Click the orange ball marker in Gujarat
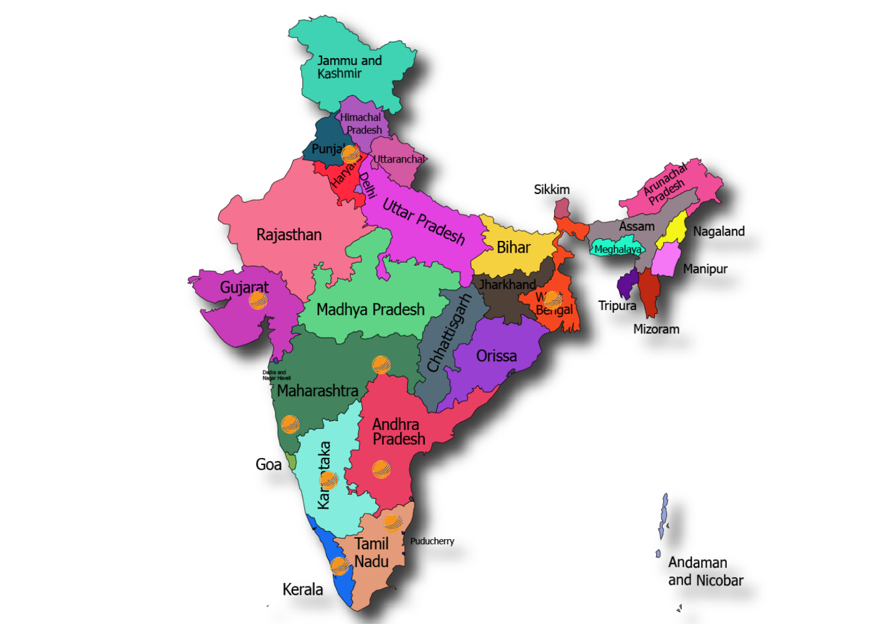(x=258, y=301)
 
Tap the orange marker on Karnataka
(x=328, y=480)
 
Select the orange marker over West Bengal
(x=552, y=300)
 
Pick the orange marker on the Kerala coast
(x=340, y=566)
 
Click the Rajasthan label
(x=289, y=235)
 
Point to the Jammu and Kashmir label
(x=348, y=67)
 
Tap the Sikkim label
(x=552, y=190)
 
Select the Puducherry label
(x=432, y=541)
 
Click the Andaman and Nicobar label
(x=705, y=571)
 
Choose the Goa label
(x=269, y=464)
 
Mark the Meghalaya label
(x=617, y=250)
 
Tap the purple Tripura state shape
(x=627, y=285)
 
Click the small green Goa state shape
(x=291, y=462)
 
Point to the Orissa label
(x=496, y=356)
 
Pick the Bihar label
(x=514, y=248)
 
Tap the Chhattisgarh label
(x=448, y=334)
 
